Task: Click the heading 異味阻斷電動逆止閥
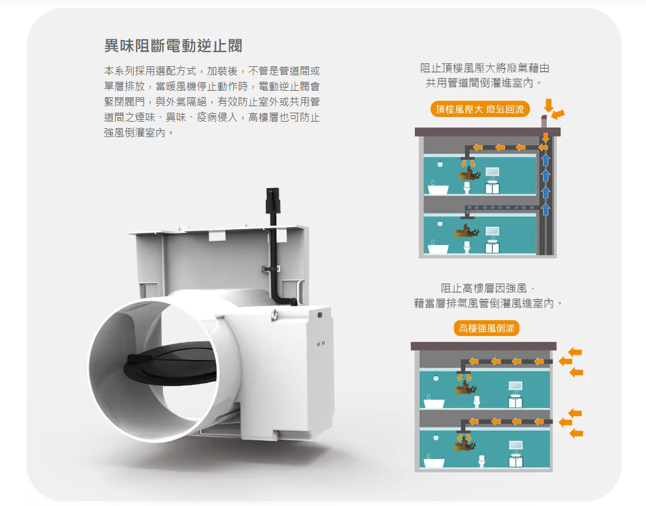coord(173,46)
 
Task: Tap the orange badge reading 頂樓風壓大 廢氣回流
coord(480,109)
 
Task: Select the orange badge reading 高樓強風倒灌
coord(486,328)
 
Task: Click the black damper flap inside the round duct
coord(170,364)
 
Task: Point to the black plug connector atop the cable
coord(272,200)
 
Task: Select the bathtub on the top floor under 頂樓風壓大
coord(437,189)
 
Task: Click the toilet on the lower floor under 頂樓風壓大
coord(467,247)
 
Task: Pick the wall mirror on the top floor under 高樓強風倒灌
coord(515,386)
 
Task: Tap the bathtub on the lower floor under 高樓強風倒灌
coord(434,462)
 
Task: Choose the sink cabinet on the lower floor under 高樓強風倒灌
coord(515,461)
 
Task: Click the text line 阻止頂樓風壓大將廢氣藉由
coord(484,68)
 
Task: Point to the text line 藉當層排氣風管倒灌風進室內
coord(488,303)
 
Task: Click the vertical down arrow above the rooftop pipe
coord(548,106)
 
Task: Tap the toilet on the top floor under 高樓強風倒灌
coord(477,402)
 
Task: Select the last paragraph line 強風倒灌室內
coord(138,133)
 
